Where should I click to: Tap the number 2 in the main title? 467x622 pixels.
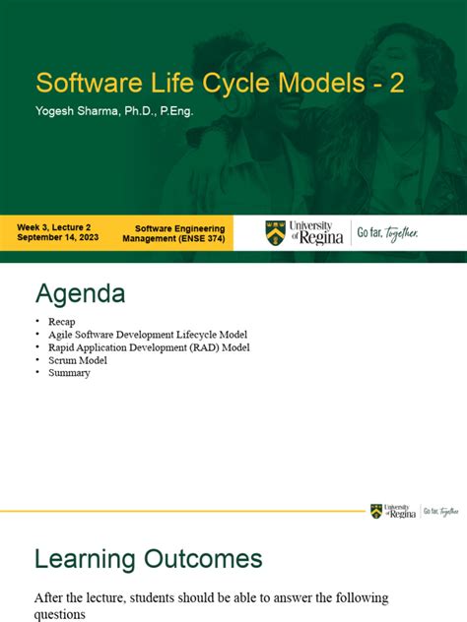395,83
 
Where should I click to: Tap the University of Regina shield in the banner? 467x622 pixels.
275,233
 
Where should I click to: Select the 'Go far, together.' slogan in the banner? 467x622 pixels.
387,233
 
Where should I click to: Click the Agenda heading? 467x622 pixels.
80,293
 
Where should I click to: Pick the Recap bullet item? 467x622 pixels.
62,322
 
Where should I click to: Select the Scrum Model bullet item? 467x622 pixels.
78,360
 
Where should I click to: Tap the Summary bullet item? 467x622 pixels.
69,373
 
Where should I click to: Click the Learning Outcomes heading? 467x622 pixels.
149,559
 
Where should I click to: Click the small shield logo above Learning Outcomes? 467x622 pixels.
376,511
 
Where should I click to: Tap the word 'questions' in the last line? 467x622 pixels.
61,615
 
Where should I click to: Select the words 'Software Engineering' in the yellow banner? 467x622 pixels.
179,228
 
